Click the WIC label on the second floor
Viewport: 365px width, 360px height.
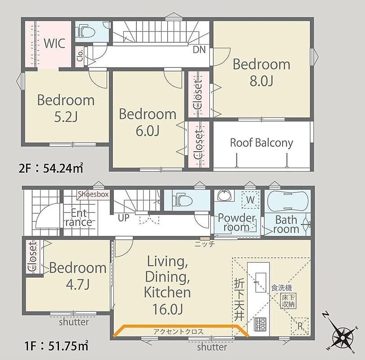pos(54,43)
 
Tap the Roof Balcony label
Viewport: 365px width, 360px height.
pos(261,143)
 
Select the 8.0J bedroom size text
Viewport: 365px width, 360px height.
pos(261,81)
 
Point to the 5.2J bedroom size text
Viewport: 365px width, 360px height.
pos(66,117)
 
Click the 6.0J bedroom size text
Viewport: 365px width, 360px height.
pos(148,131)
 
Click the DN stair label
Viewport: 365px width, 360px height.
pos(199,49)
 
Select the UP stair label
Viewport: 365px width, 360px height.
pos(123,218)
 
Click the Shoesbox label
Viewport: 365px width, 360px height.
pos(93,194)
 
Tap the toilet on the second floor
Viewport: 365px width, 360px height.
pos(86,31)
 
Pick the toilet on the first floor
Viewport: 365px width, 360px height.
pos(183,200)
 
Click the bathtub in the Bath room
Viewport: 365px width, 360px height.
pos(288,201)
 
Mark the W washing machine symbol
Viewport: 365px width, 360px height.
pos(250,200)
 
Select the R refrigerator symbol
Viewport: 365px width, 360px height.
pos(300,326)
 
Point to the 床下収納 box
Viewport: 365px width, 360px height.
pos(288,301)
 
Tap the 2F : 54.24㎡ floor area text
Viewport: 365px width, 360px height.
pos(51,168)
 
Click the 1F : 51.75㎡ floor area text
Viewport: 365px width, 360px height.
pos(56,346)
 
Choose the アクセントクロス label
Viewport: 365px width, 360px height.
pos(178,332)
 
